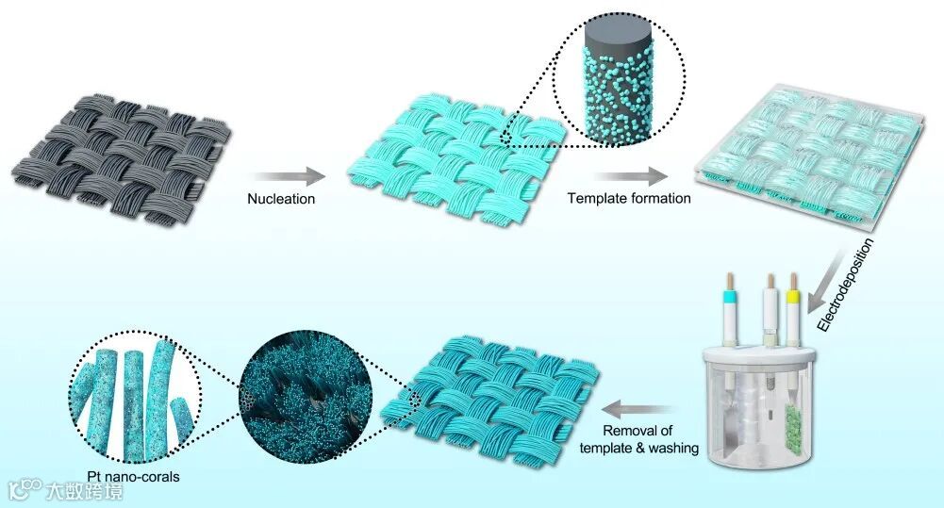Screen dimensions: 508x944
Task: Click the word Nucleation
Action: point(282,199)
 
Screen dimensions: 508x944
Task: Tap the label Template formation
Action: point(629,199)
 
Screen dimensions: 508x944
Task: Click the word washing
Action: point(672,449)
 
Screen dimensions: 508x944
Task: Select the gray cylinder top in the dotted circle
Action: point(612,41)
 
